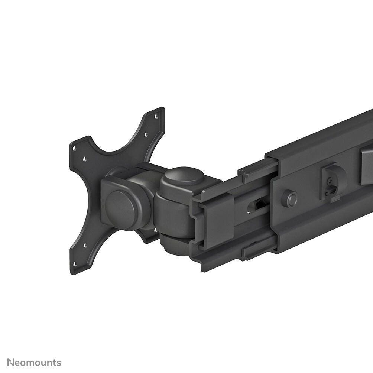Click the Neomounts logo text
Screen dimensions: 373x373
click(x=34, y=363)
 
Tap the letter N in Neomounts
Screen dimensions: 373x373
click(x=11, y=363)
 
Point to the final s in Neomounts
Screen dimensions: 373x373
click(x=59, y=363)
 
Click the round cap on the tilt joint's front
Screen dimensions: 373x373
click(x=120, y=205)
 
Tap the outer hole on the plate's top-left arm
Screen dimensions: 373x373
click(x=74, y=148)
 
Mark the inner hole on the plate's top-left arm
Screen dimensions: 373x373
click(x=85, y=159)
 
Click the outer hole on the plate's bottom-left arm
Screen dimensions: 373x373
click(x=74, y=265)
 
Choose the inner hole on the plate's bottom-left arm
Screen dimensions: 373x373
click(x=84, y=245)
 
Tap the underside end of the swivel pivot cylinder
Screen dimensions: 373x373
click(x=175, y=247)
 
